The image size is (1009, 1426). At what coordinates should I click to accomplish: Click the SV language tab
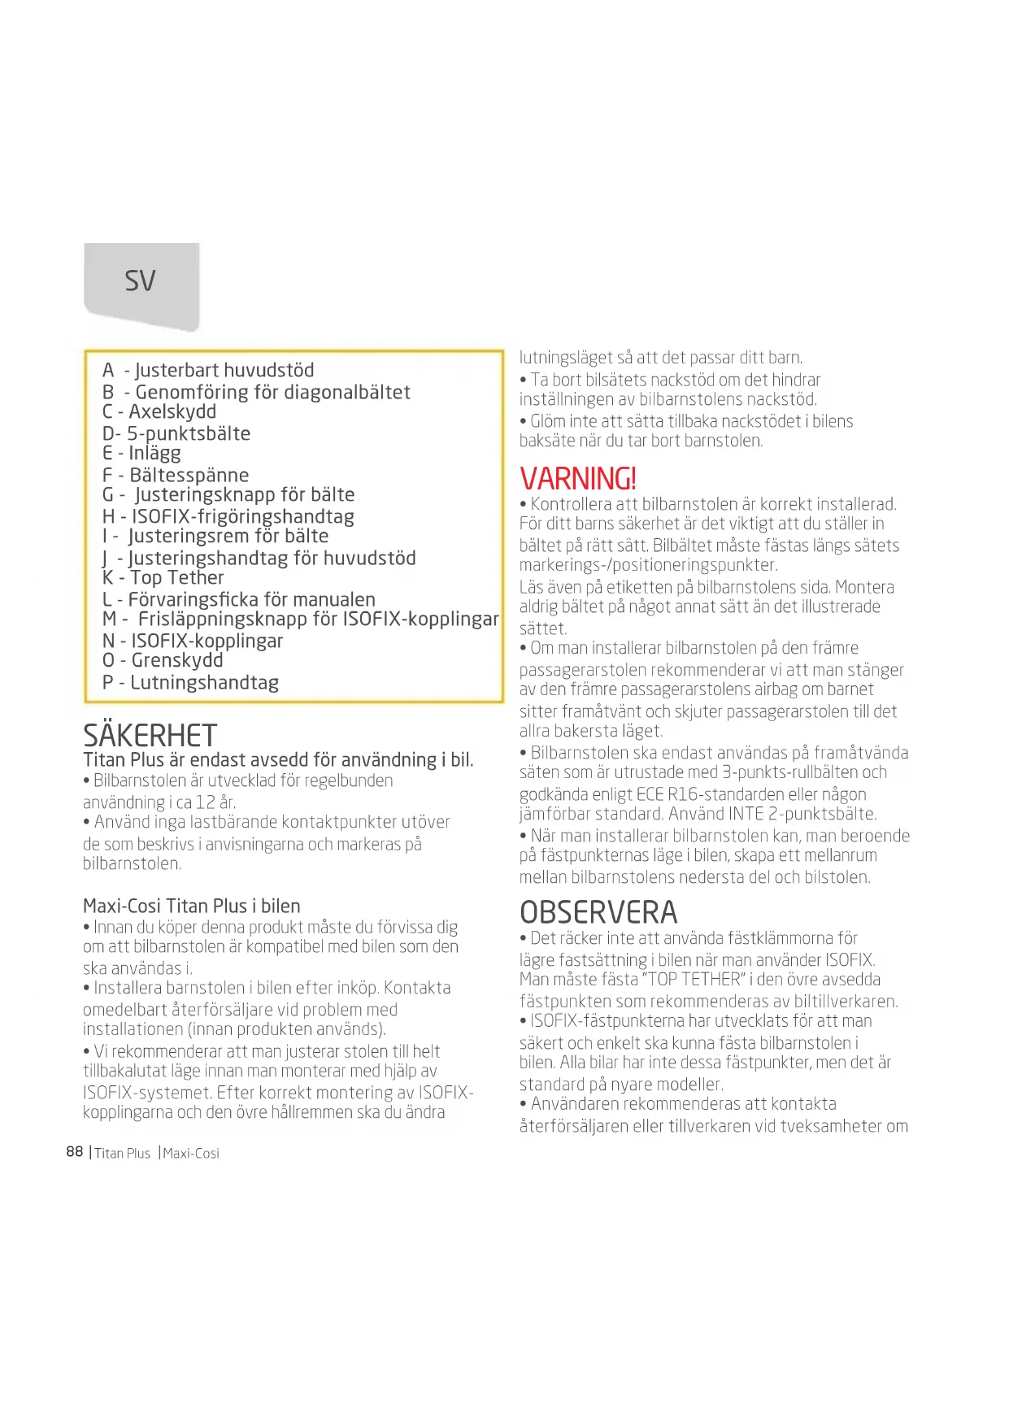click(141, 282)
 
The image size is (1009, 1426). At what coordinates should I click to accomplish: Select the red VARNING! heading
click(578, 479)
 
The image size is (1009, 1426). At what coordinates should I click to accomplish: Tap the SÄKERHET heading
click(150, 736)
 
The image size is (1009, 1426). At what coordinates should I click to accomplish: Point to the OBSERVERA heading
click(598, 912)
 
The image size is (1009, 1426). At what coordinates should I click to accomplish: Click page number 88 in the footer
click(75, 1152)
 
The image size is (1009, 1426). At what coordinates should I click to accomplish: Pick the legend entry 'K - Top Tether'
click(163, 578)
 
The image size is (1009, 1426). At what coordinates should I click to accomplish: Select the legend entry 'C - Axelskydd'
click(159, 412)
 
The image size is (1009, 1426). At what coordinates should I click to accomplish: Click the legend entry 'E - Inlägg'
click(141, 454)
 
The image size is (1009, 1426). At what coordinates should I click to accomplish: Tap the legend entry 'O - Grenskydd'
click(163, 661)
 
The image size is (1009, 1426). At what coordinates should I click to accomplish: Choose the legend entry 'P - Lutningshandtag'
click(190, 683)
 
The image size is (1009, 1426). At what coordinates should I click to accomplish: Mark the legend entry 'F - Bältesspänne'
click(176, 476)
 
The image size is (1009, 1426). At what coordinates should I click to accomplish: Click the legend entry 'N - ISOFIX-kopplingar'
click(193, 641)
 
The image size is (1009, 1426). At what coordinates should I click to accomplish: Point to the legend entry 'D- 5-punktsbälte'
click(176, 434)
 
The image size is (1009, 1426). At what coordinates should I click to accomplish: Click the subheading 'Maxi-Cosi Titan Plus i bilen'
click(192, 906)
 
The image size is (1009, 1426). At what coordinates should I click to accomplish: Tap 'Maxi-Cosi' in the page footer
click(191, 1154)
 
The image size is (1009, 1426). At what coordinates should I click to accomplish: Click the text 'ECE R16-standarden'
click(733, 794)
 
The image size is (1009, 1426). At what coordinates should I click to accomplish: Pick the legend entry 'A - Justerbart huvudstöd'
click(208, 371)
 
